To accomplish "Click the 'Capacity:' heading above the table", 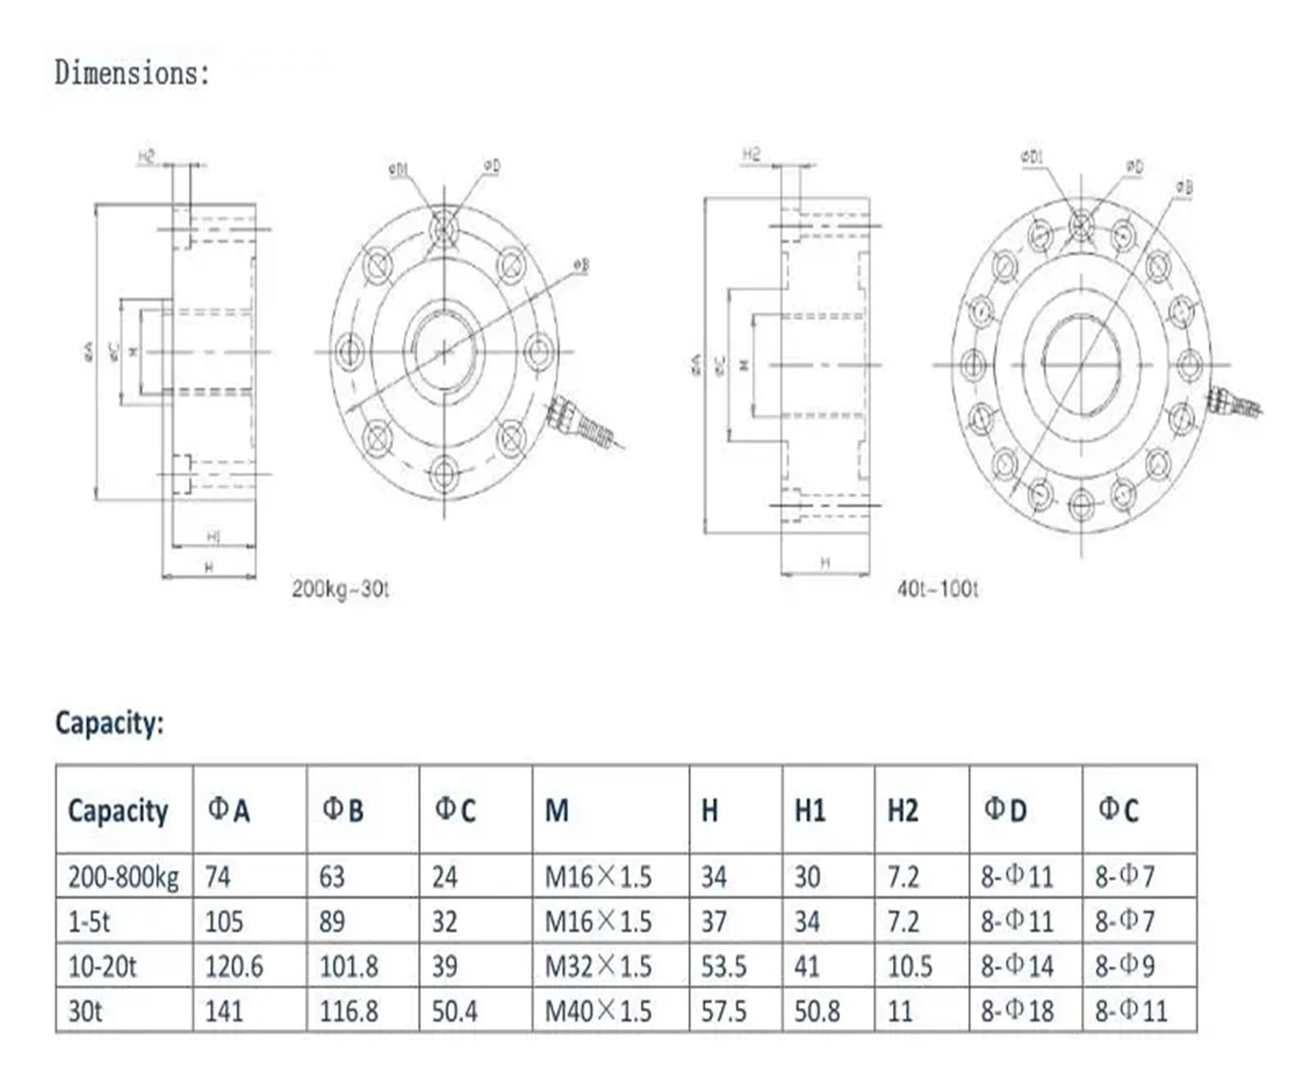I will point(110,723).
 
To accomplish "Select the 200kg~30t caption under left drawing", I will point(340,589).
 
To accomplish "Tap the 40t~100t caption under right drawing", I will point(937,589).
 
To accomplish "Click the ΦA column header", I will point(229,810).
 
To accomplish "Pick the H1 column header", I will point(809,810).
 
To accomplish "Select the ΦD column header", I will point(1005,810).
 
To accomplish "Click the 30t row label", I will point(85,1011).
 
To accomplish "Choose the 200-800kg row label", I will point(123,877).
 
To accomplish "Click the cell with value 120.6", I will point(234,967).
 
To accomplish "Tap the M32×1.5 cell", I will point(598,967).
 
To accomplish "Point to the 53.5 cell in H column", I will point(723,967).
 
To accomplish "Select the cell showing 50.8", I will point(817,1011).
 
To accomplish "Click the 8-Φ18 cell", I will point(1017,1011).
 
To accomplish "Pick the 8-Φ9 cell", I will point(1125,967).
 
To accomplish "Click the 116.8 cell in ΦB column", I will point(348,1011).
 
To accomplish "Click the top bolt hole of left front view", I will point(444,226).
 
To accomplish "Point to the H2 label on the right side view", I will point(751,154).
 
